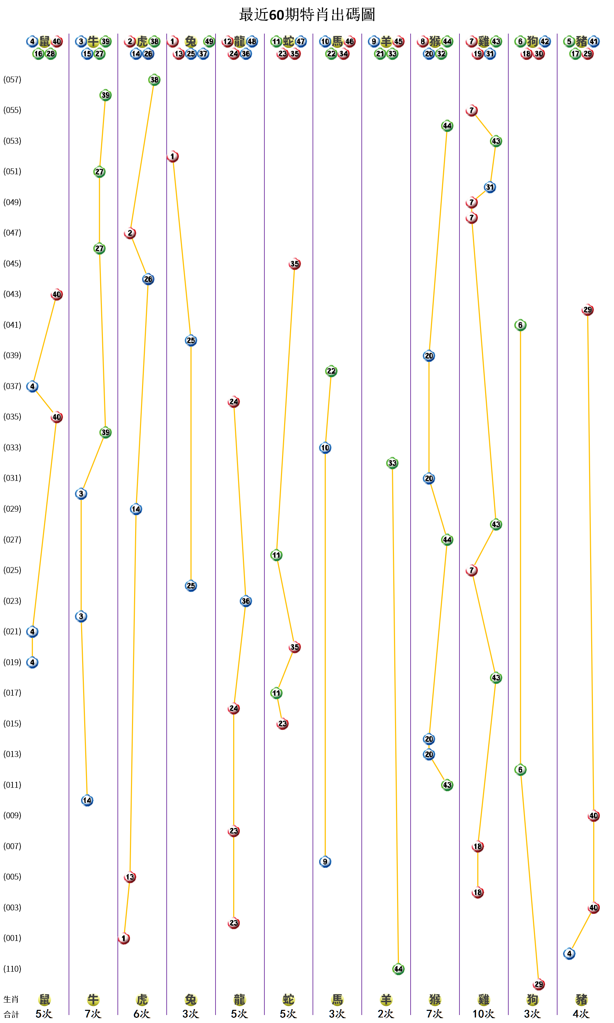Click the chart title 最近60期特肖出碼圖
tap(307, 15)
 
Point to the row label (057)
tap(12, 79)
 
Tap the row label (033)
tap(12, 447)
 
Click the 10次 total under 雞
tap(483, 1014)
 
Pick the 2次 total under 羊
tap(386, 1014)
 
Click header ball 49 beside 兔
tap(209, 41)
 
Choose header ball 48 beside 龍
tap(252, 41)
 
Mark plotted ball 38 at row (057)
tap(154, 80)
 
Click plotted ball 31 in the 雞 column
tap(490, 187)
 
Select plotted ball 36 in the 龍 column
tap(246, 601)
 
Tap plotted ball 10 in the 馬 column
tap(325, 448)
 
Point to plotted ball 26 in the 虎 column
tap(148, 279)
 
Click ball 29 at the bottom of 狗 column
tap(539, 984)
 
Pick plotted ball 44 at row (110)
tap(398, 969)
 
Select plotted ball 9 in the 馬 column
tap(325, 862)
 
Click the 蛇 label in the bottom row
tap(288, 1000)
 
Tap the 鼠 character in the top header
tap(45, 41)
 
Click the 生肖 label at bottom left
tap(11, 999)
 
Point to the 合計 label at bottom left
tap(11, 1014)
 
